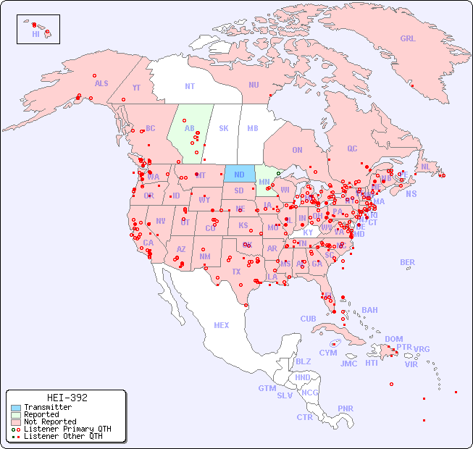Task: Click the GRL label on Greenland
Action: tap(408, 38)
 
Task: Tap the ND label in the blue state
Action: tap(239, 175)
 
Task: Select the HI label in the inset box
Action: tap(35, 34)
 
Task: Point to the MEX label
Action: tap(222, 325)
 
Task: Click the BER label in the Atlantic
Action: tap(408, 262)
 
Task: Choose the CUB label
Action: tap(308, 319)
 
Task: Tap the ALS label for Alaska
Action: tap(101, 83)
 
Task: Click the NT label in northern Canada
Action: tap(190, 85)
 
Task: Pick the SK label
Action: tap(224, 128)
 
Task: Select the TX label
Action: tap(236, 272)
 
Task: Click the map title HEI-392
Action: tap(67, 398)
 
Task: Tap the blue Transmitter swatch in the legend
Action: tap(16, 408)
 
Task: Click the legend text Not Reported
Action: tap(50, 421)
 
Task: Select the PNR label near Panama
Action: tap(346, 408)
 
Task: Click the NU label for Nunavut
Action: tap(254, 85)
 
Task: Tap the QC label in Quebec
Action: tap(352, 148)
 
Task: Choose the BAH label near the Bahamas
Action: tap(369, 310)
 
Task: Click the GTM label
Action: tap(267, 388)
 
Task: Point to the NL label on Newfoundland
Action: tap(426, 166)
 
